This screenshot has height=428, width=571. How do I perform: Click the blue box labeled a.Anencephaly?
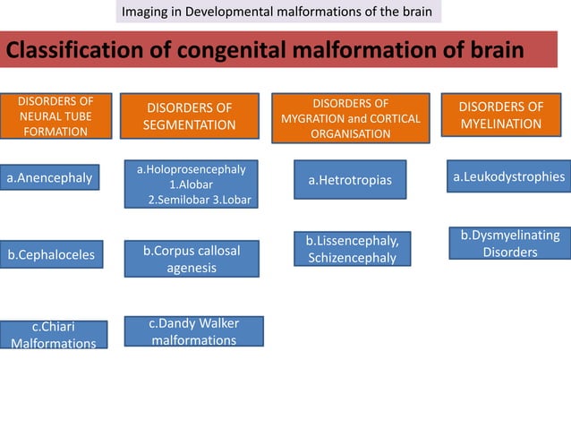point(50,179)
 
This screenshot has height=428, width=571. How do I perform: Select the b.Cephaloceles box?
point(51,255)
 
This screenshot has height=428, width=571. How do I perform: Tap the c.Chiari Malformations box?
point(55,334)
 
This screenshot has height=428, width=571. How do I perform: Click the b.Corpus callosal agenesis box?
point(191,259)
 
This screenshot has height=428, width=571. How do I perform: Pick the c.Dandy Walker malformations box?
point(193,331)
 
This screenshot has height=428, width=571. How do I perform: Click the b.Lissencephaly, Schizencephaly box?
point(352,249)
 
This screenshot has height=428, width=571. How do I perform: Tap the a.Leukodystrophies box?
point(508,177)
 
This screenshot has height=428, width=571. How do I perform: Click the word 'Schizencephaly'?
point(353,257)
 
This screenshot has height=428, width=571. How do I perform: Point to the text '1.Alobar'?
point(190,184)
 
